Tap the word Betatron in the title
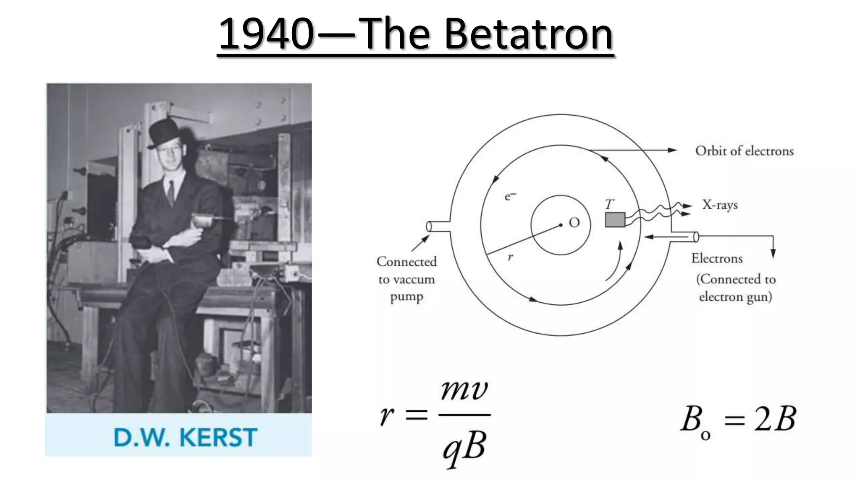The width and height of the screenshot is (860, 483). [x=528, y=34]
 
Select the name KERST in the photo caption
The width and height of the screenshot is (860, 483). [x=218, y=438]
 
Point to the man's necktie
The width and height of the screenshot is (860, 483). [x=171, y=193]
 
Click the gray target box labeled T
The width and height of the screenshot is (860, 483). [x=615, y=220]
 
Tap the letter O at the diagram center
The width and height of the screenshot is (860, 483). [x=574, y=223]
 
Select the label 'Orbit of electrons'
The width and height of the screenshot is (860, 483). [x=744, y=151]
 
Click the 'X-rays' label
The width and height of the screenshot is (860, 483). [x=720, y=205]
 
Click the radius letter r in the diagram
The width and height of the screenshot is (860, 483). [x=510, y=257]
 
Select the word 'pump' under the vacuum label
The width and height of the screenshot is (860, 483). [x=406, y=297]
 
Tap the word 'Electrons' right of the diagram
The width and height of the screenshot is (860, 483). [x=717, y=258]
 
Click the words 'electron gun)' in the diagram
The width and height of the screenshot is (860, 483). [x=735, y=297]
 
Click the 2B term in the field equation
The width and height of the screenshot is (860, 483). [x=775, y=419]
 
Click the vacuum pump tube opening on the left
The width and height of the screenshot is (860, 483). [x=429, y=227]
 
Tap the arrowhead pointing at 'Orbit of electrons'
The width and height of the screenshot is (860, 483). [x=673, y=150]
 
